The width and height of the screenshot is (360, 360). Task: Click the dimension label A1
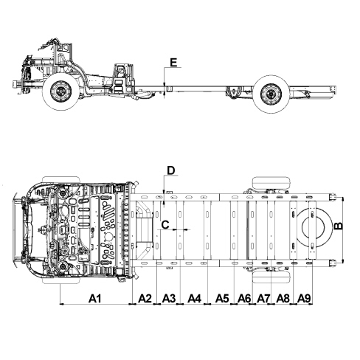click(95, 299)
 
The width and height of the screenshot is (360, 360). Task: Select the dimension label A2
click(145, 299)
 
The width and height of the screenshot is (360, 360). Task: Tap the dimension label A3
click(169, 299)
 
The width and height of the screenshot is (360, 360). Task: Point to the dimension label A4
click(195, 299)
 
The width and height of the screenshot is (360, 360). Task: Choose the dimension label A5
click(222, 299)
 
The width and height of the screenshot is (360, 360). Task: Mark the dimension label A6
click(244, 299)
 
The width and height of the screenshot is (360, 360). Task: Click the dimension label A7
click(263, 299)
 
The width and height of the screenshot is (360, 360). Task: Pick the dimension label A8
click(283, 299)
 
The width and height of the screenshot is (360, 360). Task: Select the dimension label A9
click(304, 299)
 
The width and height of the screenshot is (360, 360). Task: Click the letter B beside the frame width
click(339, 226)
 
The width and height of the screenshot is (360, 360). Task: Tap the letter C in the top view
click(165, 224)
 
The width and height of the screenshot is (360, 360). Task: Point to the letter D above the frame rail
click(170, 170)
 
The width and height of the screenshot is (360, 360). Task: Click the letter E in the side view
click(173, 63)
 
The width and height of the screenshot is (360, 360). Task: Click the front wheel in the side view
click(60, 91)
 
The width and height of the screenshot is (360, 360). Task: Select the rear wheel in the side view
click(271, 94)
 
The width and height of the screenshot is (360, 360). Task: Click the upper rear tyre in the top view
click(271, 182)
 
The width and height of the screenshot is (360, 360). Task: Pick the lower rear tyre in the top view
click(271, 277)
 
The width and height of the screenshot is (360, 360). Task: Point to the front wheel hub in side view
click(60, 91)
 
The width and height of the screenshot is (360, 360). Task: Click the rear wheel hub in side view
click(271, 94)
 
